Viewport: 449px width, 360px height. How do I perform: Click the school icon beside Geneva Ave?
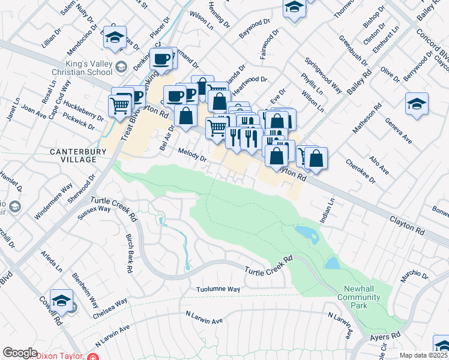(417, 104)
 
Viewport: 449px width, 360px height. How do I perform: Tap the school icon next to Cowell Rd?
(61, 300)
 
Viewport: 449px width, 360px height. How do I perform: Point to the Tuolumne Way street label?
(218, 289)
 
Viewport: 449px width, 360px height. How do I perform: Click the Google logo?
(20, 353)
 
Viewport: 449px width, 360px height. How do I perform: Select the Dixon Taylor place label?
(61, 356)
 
